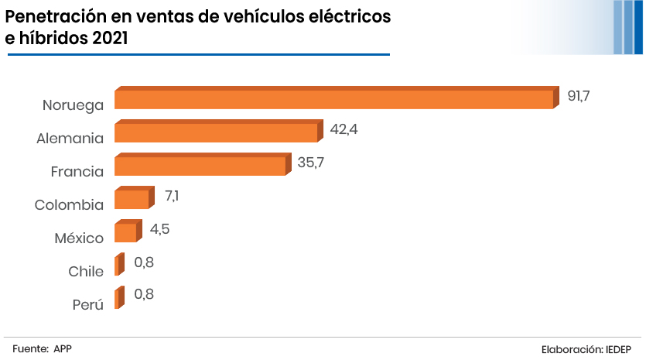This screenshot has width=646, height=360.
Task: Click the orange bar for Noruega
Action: tap(334, 99)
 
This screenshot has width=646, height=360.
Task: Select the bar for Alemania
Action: tap(216, 132)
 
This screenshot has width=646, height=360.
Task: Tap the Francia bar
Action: tap(200, 166)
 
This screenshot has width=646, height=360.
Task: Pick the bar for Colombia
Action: tap(132, 199)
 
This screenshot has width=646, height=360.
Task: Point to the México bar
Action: tap(125, 232)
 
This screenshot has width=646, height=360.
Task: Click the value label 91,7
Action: tap(579, 96)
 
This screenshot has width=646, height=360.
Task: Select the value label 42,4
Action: tap(344, 129)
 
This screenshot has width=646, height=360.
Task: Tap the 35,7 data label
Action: tap(311, 163)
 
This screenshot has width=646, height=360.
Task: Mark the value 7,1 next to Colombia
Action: tap(172, 196)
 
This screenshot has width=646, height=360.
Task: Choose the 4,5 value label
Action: tap(159, 229)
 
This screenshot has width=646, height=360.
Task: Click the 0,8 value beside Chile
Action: tap(144, 262)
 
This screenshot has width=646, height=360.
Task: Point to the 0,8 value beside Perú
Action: tap(144, 294)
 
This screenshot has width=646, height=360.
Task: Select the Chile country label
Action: tap(86, 272)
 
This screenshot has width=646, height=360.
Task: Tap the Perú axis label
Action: tap(88, 305)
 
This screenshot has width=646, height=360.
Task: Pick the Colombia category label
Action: tap(69, 205)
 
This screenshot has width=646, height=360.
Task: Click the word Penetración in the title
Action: tap(60, 16)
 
